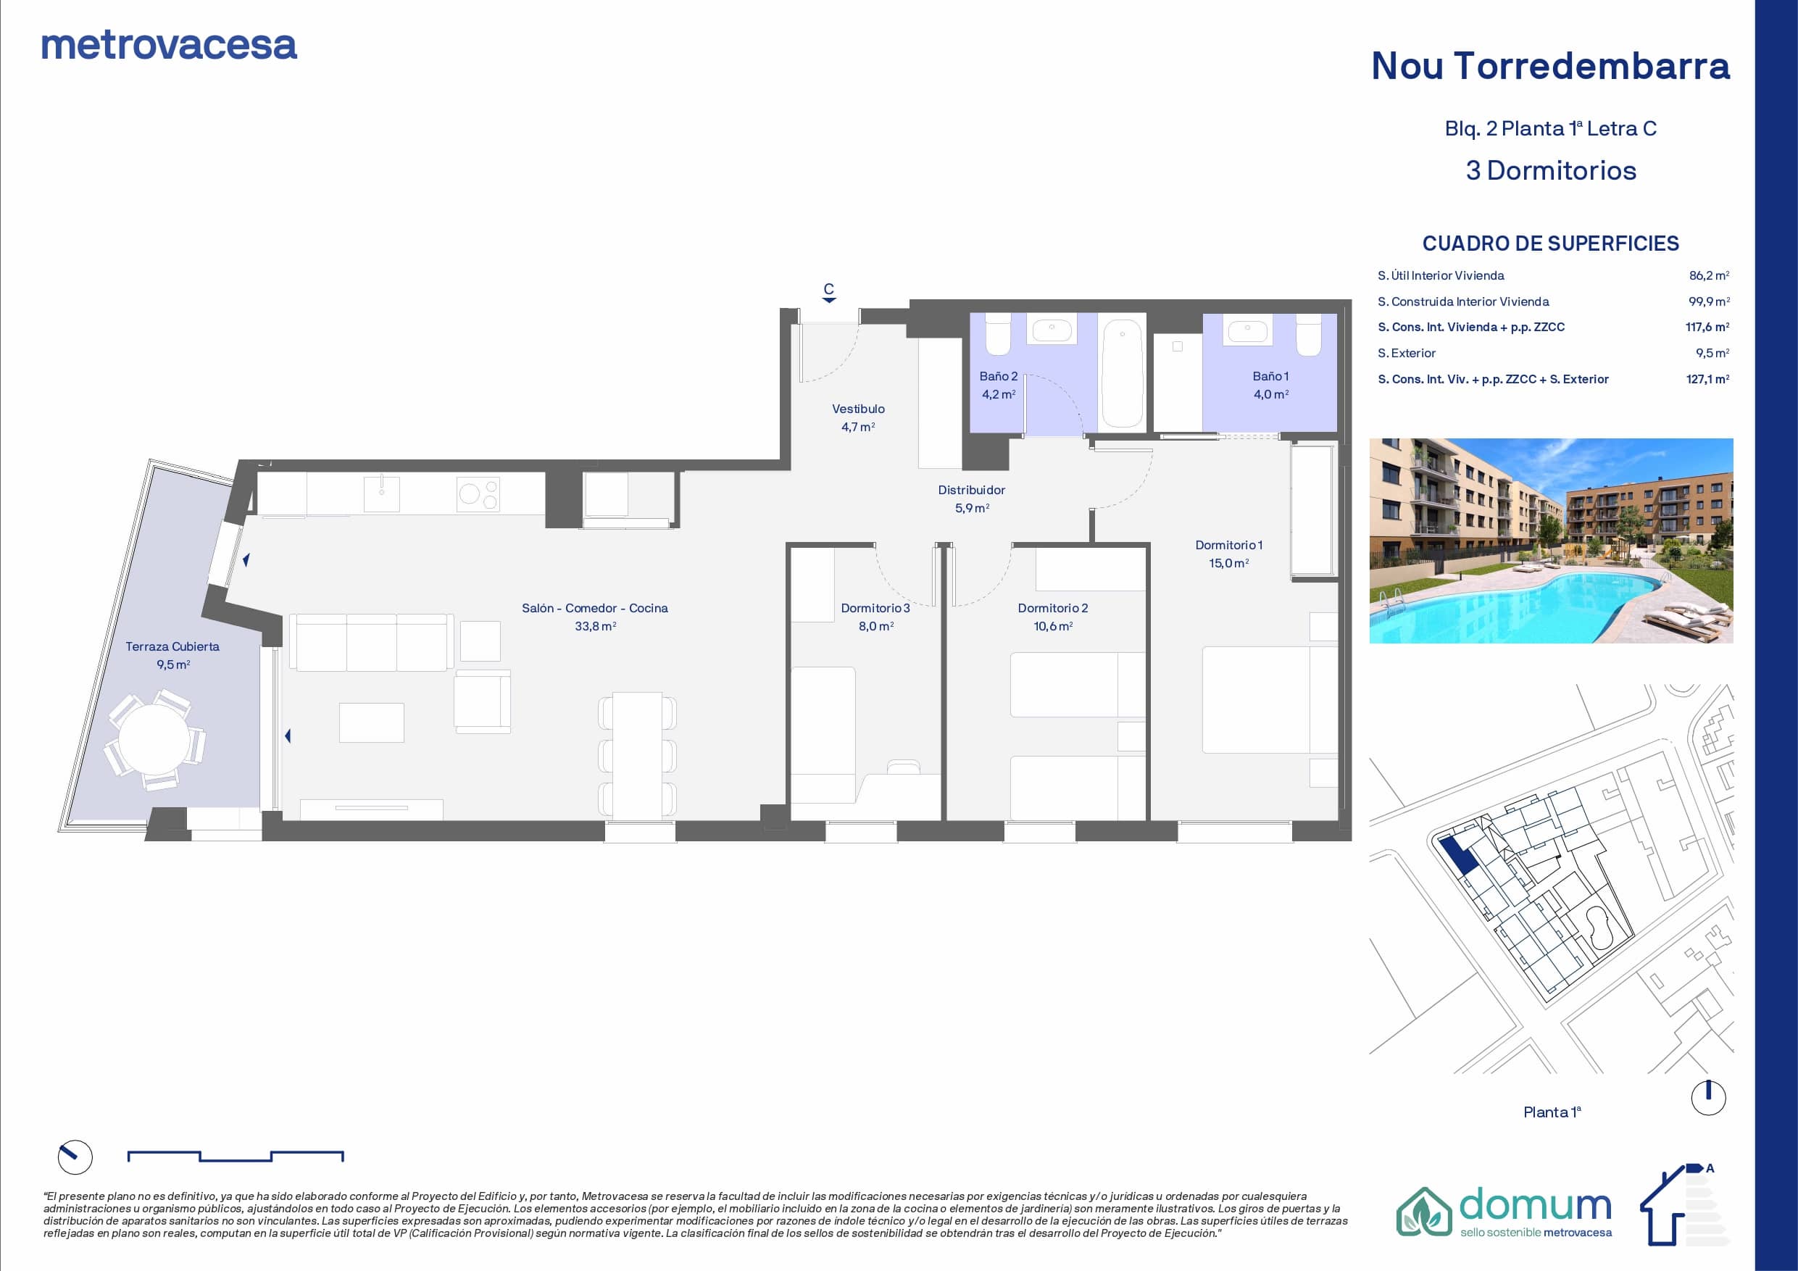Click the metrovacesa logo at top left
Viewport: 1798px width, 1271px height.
169,46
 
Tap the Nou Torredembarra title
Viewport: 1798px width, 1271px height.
1551,66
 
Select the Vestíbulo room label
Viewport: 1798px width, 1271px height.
858,409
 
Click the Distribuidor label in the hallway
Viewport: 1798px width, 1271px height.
971,491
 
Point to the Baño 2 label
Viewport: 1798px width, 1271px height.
999,377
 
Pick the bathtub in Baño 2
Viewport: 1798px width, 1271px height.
1121,372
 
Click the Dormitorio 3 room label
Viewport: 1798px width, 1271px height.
875,609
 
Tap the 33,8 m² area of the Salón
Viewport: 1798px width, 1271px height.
595,627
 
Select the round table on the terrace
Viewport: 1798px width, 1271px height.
154,738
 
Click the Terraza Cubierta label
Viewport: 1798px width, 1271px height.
172,647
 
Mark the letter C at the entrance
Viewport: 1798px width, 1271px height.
828,289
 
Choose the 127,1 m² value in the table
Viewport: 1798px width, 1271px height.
1707,379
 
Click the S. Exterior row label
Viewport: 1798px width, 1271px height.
1407,353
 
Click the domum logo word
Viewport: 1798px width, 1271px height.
1536,1206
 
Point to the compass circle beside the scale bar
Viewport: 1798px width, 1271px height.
75,1157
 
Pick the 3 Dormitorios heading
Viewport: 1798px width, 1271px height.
1551,171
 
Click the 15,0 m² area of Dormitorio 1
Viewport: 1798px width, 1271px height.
1228,564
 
